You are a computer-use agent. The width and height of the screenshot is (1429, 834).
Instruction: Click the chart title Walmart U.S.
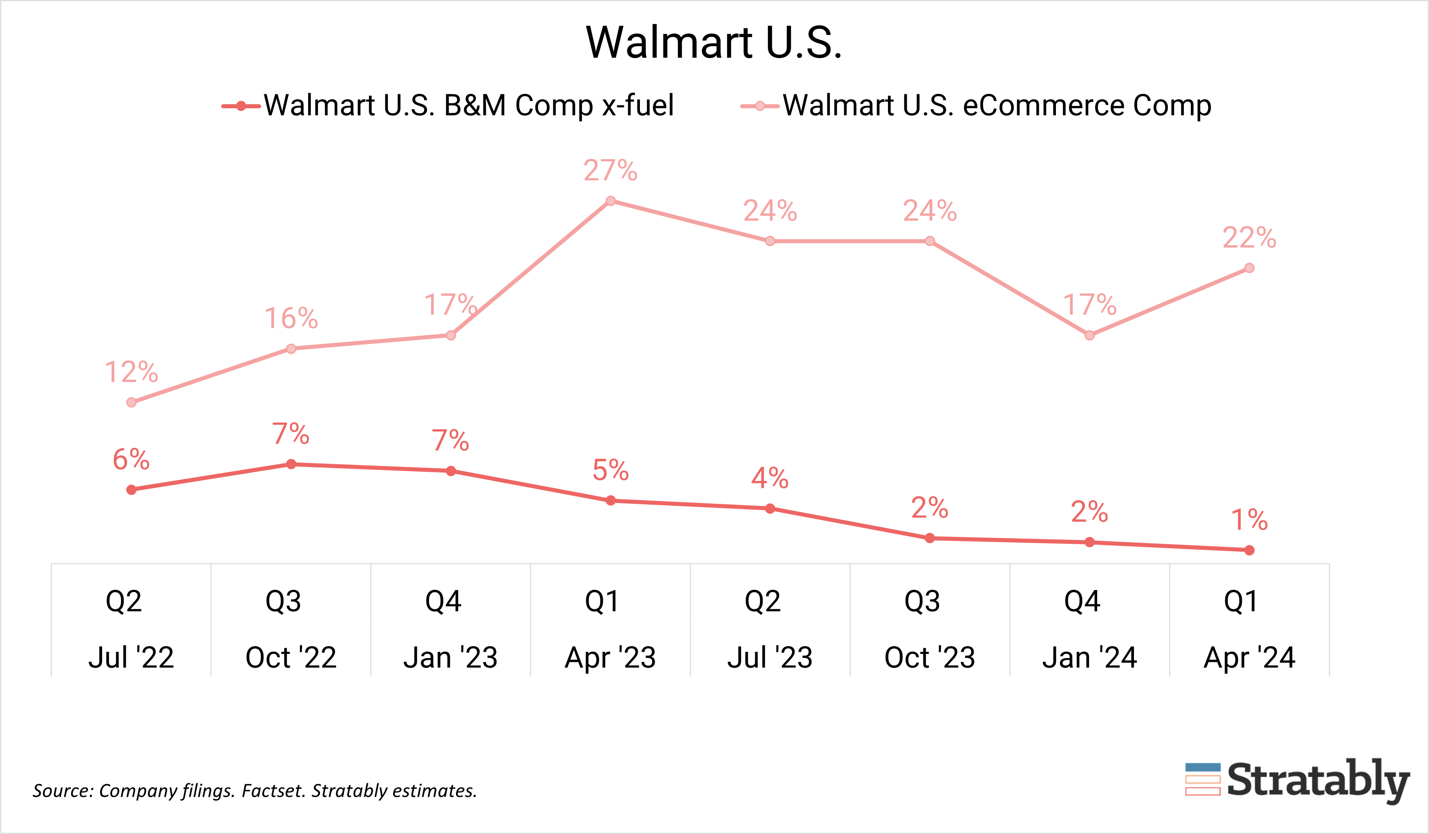point(714,42)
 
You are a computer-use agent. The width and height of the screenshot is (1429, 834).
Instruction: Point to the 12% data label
point(131,373)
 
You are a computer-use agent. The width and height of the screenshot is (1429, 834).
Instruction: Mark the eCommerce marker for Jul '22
point(132,402)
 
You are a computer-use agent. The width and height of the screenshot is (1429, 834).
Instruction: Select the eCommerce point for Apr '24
point(1249,268)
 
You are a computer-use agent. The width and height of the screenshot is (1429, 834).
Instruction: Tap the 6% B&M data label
point(131,460)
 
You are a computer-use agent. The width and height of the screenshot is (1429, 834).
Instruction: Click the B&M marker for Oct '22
point(291,464)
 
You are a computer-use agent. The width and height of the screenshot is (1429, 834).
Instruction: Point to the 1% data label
point(1249,520)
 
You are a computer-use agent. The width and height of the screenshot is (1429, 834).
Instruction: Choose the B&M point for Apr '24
point(1249,550)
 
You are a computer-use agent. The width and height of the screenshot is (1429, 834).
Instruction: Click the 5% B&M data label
point(610,471)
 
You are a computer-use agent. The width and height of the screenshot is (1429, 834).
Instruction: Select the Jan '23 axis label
point(450,657)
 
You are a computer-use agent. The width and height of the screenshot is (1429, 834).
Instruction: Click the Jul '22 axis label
point(131,657)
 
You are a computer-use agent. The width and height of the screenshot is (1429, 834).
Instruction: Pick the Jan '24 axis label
point(1089,657)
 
